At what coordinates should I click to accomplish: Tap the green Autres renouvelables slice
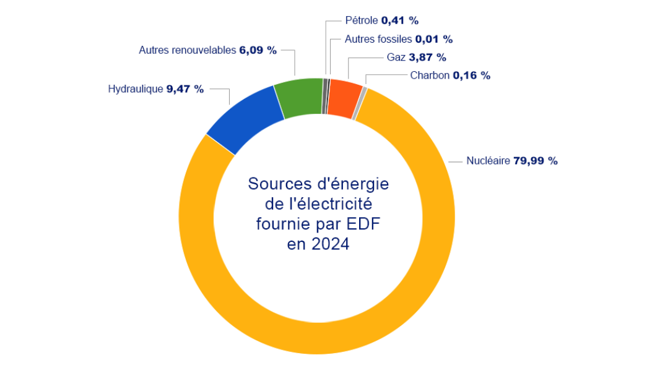[x=298, y=98]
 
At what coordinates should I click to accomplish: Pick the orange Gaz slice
[x=344, y=98]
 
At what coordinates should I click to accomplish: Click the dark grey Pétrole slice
[x=324, y=96]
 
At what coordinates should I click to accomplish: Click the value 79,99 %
[x=536, y=161]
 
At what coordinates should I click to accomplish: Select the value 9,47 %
[x=185, y=89]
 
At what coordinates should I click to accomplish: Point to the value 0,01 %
[x=433, y=39]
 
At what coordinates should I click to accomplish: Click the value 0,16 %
[x=472, y=75]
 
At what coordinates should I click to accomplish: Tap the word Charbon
[x=430, y=75]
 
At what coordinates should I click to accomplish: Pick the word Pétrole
[x=362, y=20]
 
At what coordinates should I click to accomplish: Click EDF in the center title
[x=362, y=224]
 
